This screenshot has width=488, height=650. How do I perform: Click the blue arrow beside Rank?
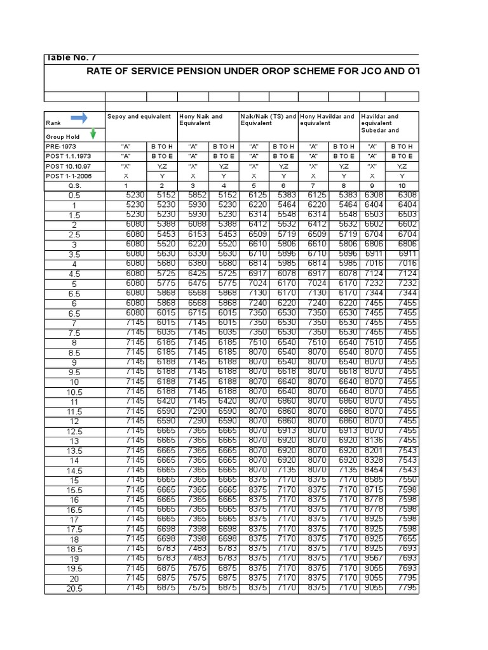pos(79,117)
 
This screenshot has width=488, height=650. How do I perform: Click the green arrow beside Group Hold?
pos(93,134)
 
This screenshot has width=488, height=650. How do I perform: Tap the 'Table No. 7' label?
pos(71,58)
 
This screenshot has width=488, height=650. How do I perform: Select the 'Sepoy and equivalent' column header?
pos(139,117)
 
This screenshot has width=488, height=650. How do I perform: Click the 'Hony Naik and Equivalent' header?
pos(201,120)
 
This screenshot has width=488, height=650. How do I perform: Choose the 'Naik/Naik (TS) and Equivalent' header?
pos(268,120)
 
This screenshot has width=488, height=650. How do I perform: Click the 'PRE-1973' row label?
pos(60,147)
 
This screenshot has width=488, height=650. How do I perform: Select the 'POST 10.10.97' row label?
pos(64,166)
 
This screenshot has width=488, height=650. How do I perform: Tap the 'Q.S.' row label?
pos(74,185)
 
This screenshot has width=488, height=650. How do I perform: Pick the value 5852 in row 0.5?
pos(194,196)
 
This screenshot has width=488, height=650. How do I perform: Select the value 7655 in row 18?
pos(406,538)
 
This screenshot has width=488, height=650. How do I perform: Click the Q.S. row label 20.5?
pos(74,589)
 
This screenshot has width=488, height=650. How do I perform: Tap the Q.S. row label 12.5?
pos(74,432)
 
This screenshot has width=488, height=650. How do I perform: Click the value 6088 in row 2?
pos(194,225)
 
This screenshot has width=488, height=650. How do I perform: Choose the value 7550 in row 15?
pos(406,480)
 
